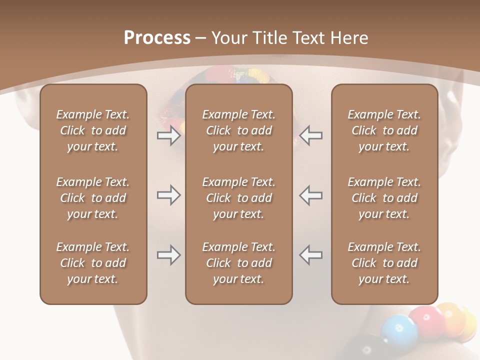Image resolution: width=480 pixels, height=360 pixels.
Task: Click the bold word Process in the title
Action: pyautogui.click(x=157, y=38)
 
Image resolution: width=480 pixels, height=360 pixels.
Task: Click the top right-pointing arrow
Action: pyautogui.click(x=169, y=135)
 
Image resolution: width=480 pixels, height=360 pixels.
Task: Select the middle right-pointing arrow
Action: pyautogui.click(x=169, y=195)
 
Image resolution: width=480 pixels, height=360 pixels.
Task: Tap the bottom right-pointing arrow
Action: pyautogui.click(x=169, y=255)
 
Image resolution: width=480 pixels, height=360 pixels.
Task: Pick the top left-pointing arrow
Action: pyautogui.click(x=311, y=135)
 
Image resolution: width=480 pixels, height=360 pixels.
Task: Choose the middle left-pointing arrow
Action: pyautogui.click(x=311, y=195)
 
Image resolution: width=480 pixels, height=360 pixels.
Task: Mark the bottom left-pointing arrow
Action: pyautogui.click(x=311, y=255)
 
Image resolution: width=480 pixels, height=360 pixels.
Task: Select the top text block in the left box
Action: pyautogui.click(x=93, y=130)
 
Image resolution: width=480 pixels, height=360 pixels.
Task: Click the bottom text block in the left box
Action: pyautogui.click(x=93, y=263)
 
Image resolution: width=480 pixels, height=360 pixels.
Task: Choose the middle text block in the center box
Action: pyautogui.click(x=238, y=198)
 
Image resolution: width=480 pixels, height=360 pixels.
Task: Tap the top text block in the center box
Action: pyautogui.click(x=238, y=130)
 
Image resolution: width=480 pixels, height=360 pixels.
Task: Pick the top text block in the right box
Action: pyautogui.click(x=384, y=130)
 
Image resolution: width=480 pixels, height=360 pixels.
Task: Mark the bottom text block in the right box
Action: pyautogui.click(x=384, y=263)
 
